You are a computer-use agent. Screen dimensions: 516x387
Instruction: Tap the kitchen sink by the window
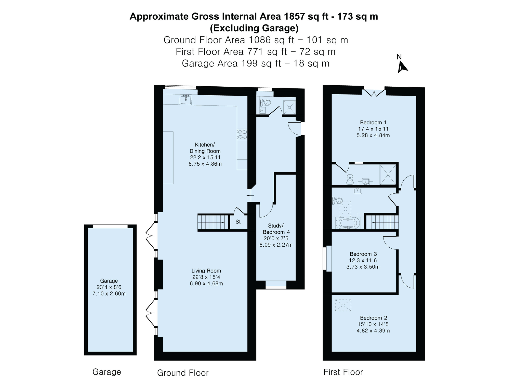click(186, 99)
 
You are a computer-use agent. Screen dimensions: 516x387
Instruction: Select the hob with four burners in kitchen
click(242, 135)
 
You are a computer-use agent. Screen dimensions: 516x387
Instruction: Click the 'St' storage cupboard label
click(238, 222)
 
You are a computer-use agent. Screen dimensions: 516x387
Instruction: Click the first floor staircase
click(382, 222)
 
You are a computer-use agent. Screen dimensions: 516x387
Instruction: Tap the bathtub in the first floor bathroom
click(348, 223)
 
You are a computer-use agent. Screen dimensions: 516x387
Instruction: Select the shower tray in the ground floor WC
click(289, 107)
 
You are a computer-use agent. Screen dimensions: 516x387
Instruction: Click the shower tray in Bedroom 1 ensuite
click(388, 175)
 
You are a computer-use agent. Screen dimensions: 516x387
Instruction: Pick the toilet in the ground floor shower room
click(265, 103)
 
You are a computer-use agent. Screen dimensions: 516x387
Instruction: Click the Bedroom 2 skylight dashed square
click(343, 305)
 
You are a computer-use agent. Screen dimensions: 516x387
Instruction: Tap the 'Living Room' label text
click(206, 271)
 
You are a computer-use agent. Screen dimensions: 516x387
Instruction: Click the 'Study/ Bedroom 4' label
click(276, 229)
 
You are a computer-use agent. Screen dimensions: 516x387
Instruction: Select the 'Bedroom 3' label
click(363, 254)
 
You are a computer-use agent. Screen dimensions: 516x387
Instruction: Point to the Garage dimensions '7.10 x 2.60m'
click(109, 293)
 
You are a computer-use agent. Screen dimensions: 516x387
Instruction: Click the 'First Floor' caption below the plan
click(343, 372)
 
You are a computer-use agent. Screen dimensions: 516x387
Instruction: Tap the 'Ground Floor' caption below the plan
click(183, 373)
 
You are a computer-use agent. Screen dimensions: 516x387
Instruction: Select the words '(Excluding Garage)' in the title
click(254, 28)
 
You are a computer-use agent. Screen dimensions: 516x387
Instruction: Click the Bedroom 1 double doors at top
click(374, 92)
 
